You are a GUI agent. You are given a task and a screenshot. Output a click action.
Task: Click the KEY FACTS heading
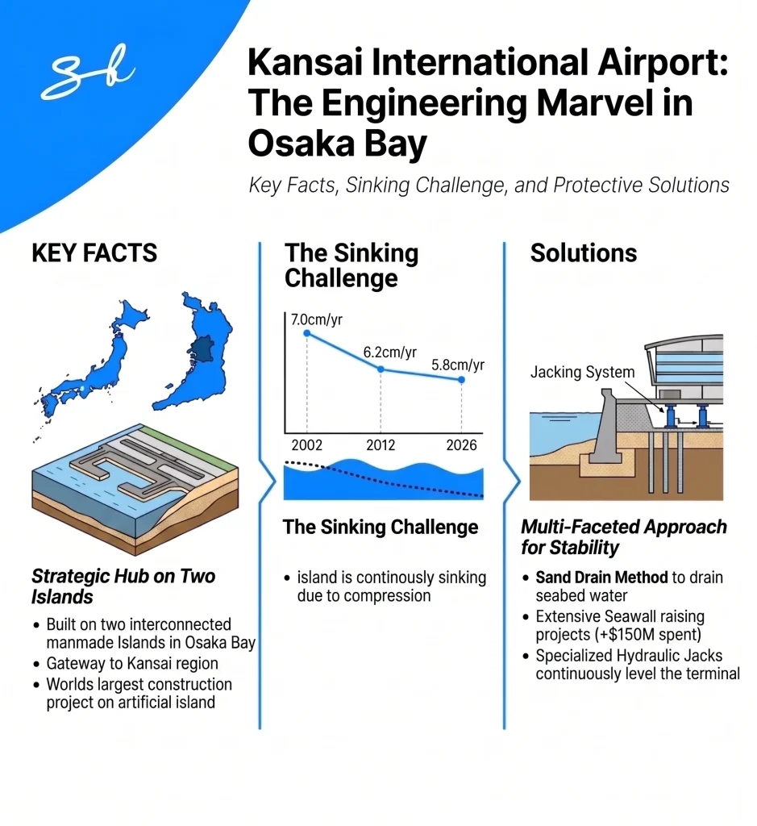(94, 253)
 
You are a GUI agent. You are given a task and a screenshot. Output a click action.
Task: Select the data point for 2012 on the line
(381, 369)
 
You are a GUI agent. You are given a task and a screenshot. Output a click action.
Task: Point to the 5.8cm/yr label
(458, 365)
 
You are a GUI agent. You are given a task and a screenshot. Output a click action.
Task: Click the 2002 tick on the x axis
(306, 445)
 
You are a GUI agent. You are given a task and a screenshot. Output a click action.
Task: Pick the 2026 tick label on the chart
(460, 445)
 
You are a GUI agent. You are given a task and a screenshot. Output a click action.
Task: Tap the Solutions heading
(583, 253)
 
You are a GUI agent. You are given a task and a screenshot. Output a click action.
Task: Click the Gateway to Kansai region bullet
(132, 664)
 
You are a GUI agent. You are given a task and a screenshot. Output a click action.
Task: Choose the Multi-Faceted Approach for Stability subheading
(623, 537)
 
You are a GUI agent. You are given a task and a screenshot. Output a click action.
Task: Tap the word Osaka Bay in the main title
(338, 143)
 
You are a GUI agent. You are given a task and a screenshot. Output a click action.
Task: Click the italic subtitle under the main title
(489, 186)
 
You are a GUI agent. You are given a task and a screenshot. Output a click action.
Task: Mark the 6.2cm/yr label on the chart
(389, 353)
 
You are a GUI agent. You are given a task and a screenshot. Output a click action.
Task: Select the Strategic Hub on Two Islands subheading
(123, 586)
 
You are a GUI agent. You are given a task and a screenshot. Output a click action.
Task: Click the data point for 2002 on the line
(306, 333)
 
